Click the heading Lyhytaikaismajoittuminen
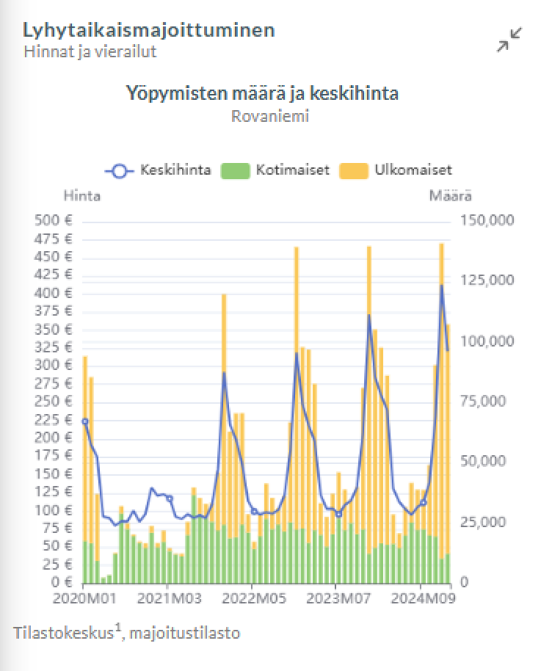tap(149, 30)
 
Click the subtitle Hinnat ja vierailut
tap(90, 51)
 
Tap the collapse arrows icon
tap(509, 40)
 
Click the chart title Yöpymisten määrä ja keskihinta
tap(261, 94)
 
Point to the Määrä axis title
tap(450, 196)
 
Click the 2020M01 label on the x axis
tap(83, 598)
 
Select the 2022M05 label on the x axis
tap(252, 598)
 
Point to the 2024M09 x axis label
tap(421, 598)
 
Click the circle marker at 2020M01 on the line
tap(84, 421)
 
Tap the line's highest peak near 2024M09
tap(442, 286)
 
